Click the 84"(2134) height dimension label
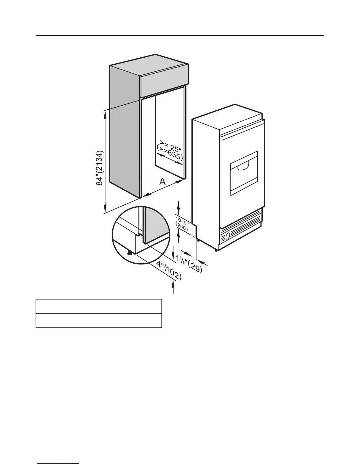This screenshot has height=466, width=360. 100,168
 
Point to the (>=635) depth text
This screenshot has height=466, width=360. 170,154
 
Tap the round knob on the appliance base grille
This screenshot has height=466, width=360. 227,236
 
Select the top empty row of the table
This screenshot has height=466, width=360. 99,306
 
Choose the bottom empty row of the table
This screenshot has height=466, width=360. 99,320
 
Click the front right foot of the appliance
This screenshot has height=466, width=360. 216,250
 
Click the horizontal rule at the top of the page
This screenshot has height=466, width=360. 180,36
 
